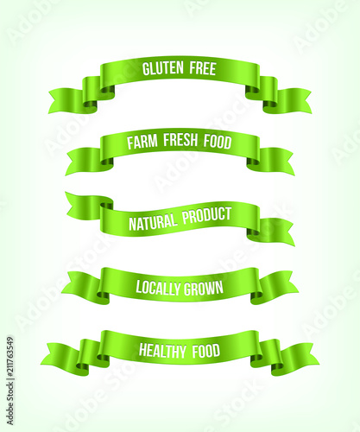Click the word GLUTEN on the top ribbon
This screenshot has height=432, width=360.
tap(163, 68)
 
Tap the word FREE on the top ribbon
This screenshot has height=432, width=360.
tap(203, 68)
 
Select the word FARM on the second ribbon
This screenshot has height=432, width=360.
tap(142, 142)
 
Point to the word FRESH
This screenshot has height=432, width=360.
tap(180, 140)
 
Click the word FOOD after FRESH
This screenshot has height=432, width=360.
tap(218, 142)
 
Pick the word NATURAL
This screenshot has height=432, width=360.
tap(153, 222)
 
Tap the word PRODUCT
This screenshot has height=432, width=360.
tap(206, 215)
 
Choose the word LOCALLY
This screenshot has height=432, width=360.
tap(158, 288)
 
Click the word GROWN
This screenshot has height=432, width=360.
tap(204, 288)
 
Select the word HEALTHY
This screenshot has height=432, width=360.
tap(162, 351)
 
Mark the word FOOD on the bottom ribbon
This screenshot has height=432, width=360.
tap(206, 351)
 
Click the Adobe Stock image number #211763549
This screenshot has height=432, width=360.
tap(10, 358)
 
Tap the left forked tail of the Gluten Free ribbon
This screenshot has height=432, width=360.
tap(66, 100)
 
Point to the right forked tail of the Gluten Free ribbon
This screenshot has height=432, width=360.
tap(294, 101)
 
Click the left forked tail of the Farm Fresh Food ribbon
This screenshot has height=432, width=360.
tap(84, 161)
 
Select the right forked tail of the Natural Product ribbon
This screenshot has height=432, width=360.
tap(277, 232)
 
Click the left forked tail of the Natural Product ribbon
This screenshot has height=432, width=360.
tap(84, 205)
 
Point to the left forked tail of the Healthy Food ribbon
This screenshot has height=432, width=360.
tap(60, 355)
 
